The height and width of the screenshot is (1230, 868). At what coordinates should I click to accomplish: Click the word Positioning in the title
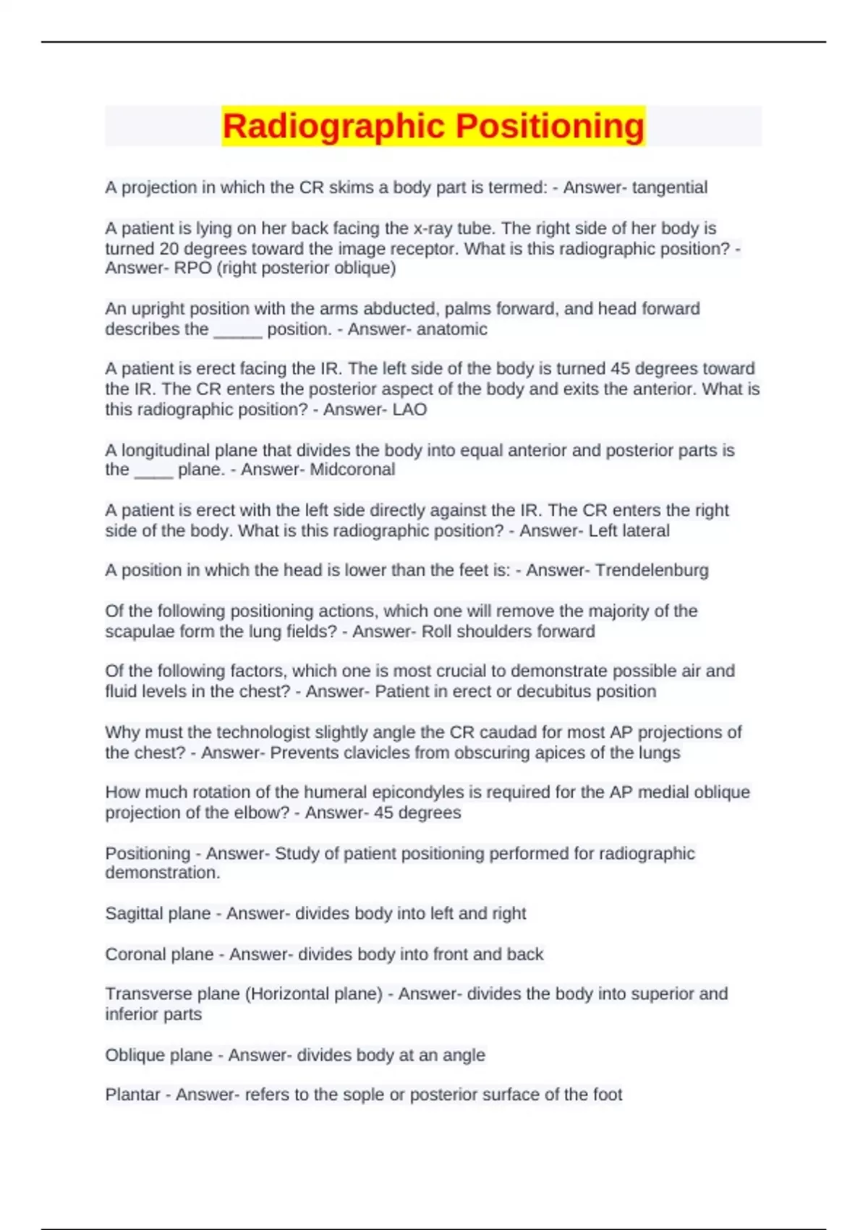[x=550, y=126]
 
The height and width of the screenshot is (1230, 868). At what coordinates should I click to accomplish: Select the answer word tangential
[x=670, y=187]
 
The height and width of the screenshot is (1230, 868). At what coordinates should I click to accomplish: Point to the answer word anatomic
[x=451, y=329]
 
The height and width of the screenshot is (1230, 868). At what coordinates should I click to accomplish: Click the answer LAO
[x=409, y=410]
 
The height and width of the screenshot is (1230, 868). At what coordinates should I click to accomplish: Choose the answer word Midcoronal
[x=352, y=470]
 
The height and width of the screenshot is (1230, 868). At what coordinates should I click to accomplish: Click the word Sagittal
[x=135, y=914]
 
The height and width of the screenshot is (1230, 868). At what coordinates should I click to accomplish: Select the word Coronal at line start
[x=135, y=954]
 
